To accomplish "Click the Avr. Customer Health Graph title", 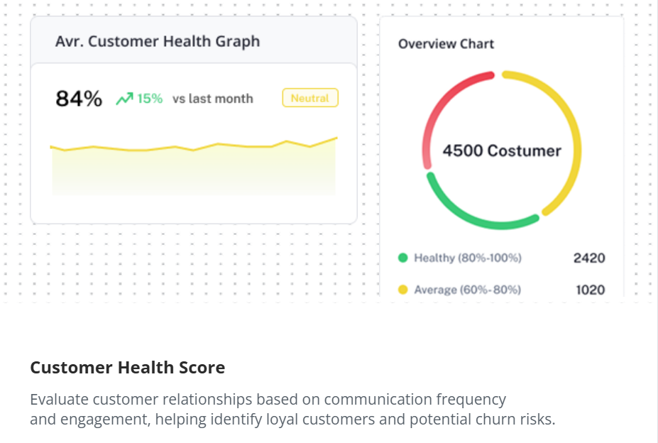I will [158, 41].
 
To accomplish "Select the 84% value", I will [79, 99].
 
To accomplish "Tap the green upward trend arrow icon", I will [124, 99].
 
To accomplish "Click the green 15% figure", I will [150, 99].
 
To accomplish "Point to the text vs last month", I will [213, 99].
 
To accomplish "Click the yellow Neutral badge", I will [310, 98].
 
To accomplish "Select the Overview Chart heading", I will [446, 44].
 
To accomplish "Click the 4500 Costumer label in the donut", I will [502, 151].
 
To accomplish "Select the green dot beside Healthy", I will [403, 258].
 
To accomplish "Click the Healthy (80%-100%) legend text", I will [468, 258].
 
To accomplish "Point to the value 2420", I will [589, 258].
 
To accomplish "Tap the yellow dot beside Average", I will [403, 290].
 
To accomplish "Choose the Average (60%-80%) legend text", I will [467, 290].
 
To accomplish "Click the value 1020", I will [589, 290].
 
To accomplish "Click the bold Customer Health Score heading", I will [128, 368].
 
